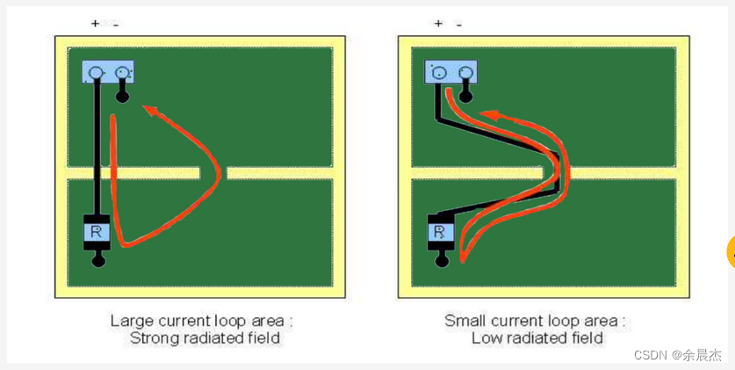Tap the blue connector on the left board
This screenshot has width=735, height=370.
[108, 72]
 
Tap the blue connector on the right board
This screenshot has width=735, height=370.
[451, 72]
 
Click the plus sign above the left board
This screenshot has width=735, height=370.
[95, 24]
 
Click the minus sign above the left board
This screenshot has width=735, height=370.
[115, 25]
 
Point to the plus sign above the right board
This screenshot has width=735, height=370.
[437, 24]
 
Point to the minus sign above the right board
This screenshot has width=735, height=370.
[458, 25]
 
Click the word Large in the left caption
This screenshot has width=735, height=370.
[129, 320]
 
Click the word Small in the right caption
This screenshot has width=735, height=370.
[465, 320]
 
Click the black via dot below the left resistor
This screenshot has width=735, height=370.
[98, 261]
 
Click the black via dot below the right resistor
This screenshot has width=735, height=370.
[442, 261]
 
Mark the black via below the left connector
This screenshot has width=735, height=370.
[123, 96]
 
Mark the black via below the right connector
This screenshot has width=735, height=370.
[466, 96]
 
